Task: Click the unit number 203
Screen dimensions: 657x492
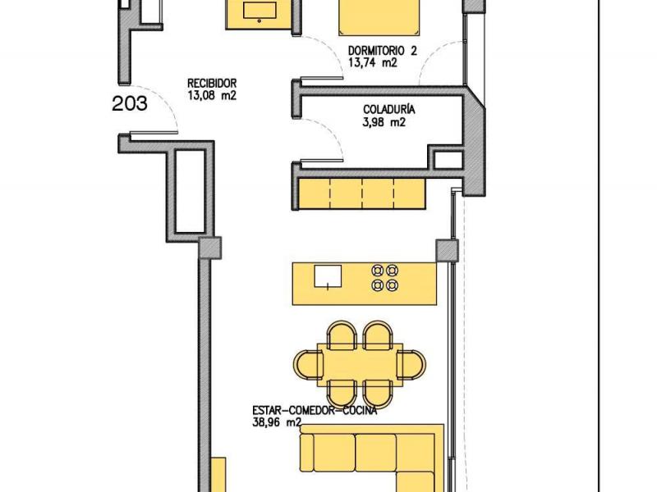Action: pos(130,104)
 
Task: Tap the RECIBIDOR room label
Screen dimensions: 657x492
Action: pos(212,83)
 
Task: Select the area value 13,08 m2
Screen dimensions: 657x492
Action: pos(212,95)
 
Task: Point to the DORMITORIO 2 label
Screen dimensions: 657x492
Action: pos(383,51)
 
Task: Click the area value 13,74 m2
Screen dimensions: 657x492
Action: pos(373,63)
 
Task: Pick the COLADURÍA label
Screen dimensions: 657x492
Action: pos(388,110)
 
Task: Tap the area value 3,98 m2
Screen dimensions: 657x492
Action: pos(384,122)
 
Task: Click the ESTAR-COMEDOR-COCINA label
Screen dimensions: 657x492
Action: pos(315,411)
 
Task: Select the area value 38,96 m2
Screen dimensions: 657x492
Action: pos(277,422)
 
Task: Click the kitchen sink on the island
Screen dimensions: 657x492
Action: pos(328,276)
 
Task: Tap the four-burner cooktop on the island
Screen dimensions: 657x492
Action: pos(384,277)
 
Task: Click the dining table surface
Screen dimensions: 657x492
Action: pos(360,365)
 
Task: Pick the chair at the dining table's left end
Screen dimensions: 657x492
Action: pos(309,365)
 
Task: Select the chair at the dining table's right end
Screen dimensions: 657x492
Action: pos(411,365)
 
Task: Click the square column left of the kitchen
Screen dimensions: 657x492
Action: pos(209,248)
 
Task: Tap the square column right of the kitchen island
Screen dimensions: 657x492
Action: pos(447,250)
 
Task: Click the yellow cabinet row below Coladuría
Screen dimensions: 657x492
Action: pos(362,194)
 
